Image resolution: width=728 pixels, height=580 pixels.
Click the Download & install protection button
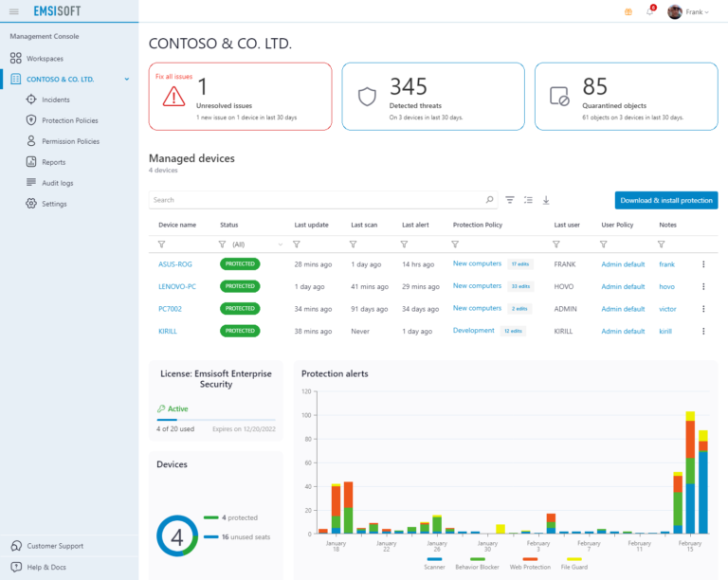coord(665,200)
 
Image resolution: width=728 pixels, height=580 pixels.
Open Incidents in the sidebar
coord(55,100)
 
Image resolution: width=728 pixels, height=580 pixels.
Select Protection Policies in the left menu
coord(69,120)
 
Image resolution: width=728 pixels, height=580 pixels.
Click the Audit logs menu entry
coord(57,183)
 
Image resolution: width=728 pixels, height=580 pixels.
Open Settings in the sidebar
coord(54,204)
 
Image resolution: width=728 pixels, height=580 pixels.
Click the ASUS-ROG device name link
coord(174,264)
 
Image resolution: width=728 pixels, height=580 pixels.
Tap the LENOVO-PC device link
coord(177,286)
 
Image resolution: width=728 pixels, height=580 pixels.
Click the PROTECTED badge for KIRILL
coord(240,331)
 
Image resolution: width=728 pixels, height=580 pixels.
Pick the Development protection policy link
coord(473,331)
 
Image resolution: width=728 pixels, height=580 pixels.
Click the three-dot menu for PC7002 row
coord(703,309)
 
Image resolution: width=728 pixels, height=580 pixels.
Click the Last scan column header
coord(364,226)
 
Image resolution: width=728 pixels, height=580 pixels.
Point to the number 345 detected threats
coord(409,87)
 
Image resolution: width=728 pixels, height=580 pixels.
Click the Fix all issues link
coord(173,75)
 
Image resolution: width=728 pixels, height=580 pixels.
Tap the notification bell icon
coord(650,12)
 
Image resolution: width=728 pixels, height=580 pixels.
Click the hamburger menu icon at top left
coord(13,12)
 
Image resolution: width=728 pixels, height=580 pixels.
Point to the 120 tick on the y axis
coord(306,391)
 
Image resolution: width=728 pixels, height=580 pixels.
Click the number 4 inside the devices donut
coord(177,536)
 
